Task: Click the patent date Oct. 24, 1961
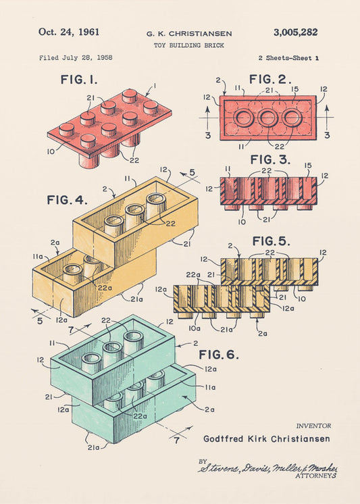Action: [69, 32]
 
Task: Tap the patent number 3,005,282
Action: [295, 32]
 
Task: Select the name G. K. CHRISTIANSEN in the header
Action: [188, 33]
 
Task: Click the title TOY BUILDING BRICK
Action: [188, 45]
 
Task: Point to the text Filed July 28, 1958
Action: [76, 57]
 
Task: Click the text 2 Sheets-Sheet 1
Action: [288, 58]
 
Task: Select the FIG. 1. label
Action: [79, 80]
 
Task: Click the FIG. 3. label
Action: [270, 160]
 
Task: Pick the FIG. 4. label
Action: [67, 200]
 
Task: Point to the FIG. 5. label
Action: [272, 241]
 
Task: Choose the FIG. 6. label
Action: [217, 354]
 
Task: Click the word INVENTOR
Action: [313, 426]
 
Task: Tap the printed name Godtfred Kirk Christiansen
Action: [267, 438]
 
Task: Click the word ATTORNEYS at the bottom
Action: [315, 476]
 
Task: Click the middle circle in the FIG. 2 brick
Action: [268, 118]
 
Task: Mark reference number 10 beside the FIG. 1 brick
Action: [51, 152]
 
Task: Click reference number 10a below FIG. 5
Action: [194, 328]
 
